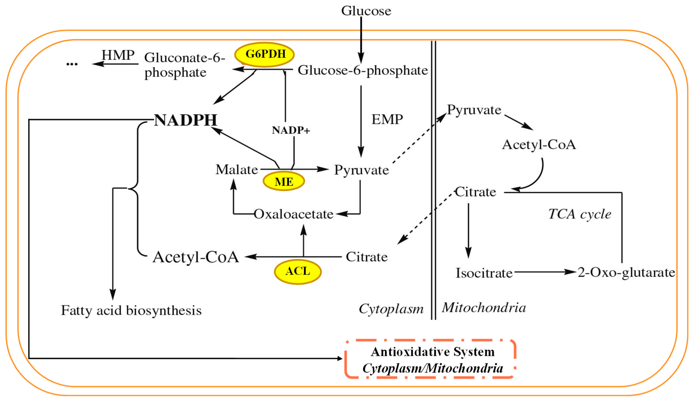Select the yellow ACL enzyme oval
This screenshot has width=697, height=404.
(298, 271)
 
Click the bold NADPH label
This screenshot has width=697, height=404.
(185, 120)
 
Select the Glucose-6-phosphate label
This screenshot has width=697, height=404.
(362, 70)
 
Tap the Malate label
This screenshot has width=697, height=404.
(237, 169)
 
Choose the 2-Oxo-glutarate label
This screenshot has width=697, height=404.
(626, 272)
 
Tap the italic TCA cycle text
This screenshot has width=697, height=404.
(580, 214)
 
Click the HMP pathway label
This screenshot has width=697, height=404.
(118, 55)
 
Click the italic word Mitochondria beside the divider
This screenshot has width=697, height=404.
(484, 308)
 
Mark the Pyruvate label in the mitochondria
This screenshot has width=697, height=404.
(474, 110)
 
